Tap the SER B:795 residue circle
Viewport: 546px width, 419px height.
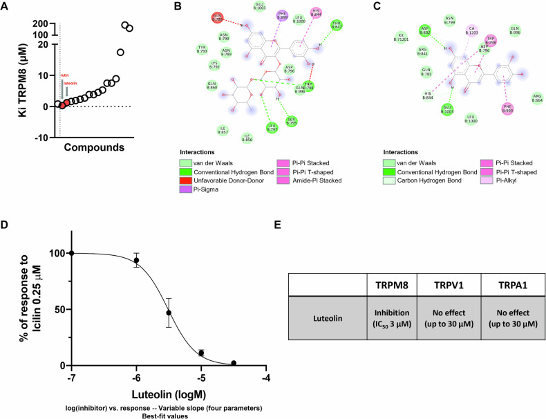point(292,120)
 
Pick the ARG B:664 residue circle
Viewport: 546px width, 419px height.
point(537,97)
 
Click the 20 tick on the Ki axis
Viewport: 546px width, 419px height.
point(42,44)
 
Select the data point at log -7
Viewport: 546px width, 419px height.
point(72,253)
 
